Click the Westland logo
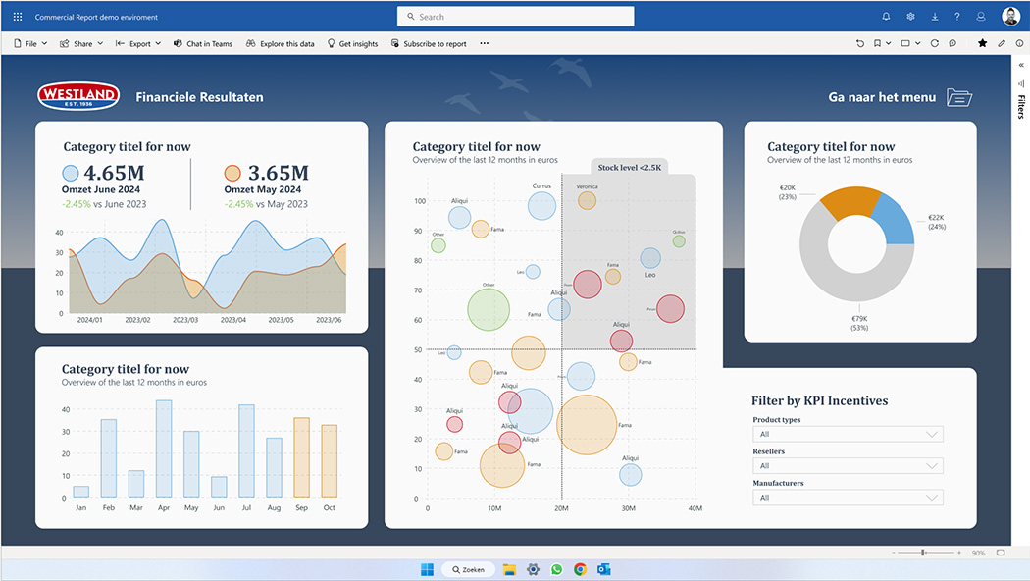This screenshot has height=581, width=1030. coord(78,96)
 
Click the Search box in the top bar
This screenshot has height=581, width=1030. coord(516,17)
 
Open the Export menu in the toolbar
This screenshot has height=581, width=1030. coord(138,43)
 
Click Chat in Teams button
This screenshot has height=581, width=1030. coord(203,43)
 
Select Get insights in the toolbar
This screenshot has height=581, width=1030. coord(352,43)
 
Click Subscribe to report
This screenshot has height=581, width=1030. coord(429,43)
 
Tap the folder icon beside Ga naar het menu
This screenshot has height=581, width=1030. coord(959,97)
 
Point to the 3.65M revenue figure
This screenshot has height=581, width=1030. coord(278,174)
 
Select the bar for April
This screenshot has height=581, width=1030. coord(164,449)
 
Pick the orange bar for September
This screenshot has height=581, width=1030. coord(301,457)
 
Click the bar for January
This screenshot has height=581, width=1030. coord(81,491)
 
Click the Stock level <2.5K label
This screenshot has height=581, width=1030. coord(629,167)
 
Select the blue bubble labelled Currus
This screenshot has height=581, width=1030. coord(542,205)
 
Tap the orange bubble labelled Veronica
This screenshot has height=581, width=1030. coord(587,200)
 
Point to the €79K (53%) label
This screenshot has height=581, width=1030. coord(859,323)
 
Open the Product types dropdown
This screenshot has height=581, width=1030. coord(848,434)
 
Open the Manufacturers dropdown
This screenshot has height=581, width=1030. coord(848,498)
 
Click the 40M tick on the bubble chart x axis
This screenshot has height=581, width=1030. coord(695,508)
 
